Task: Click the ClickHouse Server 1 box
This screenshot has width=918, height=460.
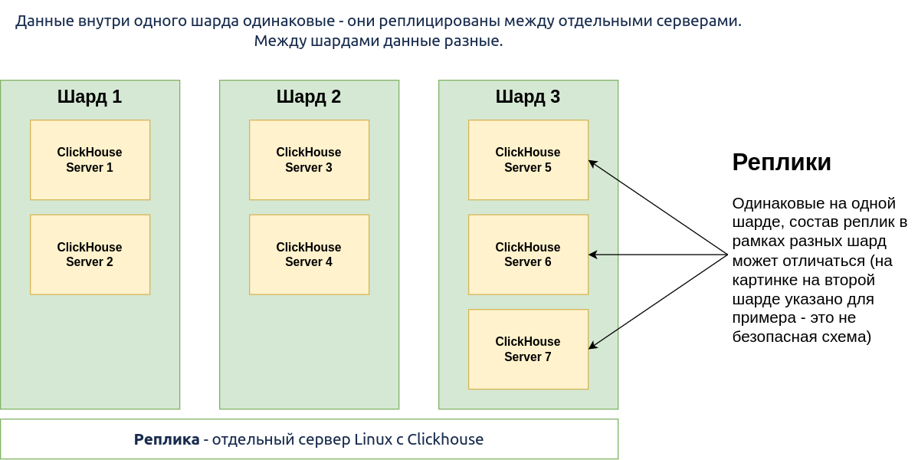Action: click(90, 160)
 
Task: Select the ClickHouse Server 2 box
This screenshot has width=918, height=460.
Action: click(90, 255)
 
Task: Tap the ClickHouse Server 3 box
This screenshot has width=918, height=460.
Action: click(309, 160)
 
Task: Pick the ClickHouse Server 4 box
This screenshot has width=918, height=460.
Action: click(309, 255)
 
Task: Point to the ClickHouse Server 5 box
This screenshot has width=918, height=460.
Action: click(528, 160)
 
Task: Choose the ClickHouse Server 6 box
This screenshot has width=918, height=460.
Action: click(528, 255)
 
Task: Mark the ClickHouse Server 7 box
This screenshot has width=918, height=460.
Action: click(528, 350)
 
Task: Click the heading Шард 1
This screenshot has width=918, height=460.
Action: click(90, 97)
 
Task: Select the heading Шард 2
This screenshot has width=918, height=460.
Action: click(309, 97)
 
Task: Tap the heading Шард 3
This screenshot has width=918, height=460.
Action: click(527, 97)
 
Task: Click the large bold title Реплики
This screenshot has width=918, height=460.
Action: click(782, 163)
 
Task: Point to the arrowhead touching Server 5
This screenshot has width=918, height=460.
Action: click(592, 163)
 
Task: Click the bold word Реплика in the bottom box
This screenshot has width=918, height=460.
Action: click(167, 439)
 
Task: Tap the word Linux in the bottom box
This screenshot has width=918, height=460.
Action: click(373, 439)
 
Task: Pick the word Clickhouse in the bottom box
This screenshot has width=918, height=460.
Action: click(445, 439)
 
